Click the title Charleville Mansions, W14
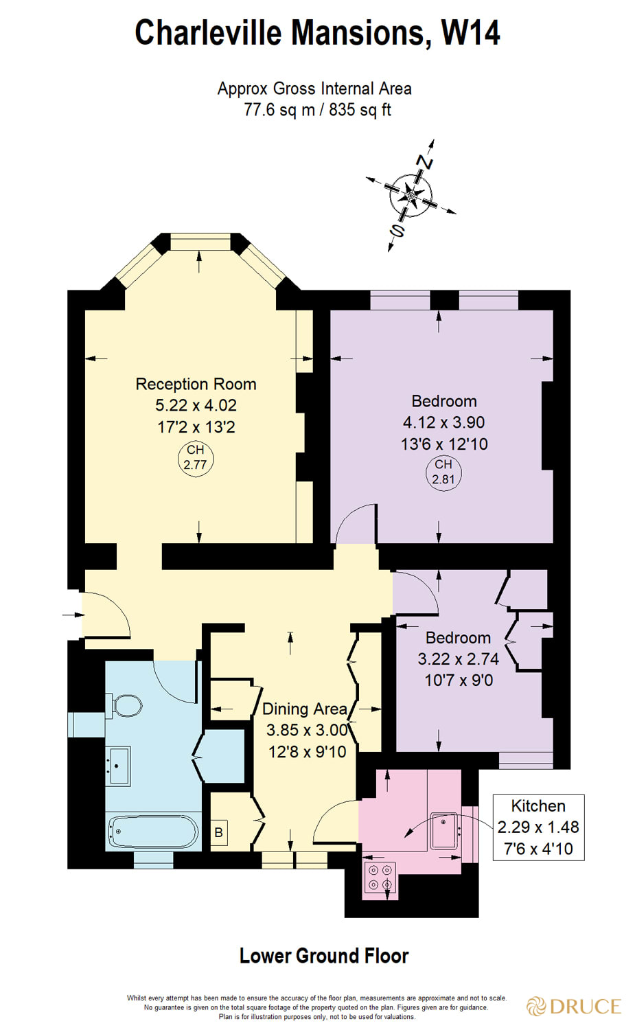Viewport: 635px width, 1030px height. pos(317,33)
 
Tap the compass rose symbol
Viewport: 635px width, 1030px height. pos(411,195)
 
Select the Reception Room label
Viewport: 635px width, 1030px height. pos(196,384)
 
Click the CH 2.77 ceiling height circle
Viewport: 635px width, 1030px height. pos(195,457)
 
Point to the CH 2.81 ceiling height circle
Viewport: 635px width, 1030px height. pos(443,472)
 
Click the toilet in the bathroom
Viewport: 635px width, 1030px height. pos(125,705)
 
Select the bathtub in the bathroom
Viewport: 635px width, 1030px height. pos(153,832)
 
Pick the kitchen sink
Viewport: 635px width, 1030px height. pos(444,830)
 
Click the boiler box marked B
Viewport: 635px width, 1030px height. pos(218,833)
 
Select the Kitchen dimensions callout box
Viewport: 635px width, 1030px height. pos(538,827)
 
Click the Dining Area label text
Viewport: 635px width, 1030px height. pos(305,709)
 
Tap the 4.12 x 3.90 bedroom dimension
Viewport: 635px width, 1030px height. pos(443,422)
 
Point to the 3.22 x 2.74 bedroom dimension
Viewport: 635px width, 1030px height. pos(458,659)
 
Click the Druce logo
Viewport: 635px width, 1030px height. pos(573,1007)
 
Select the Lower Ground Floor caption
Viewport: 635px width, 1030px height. pos(323,956)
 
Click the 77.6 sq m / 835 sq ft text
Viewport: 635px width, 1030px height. pos(317,110)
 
